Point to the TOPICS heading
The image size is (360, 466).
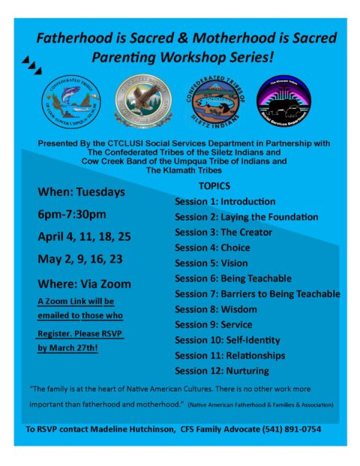[214, 185]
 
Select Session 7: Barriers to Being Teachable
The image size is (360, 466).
[257, 293]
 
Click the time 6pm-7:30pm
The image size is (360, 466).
[72, 214]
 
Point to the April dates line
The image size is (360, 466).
[84, 236]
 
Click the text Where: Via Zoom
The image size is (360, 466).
[84, 284]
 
